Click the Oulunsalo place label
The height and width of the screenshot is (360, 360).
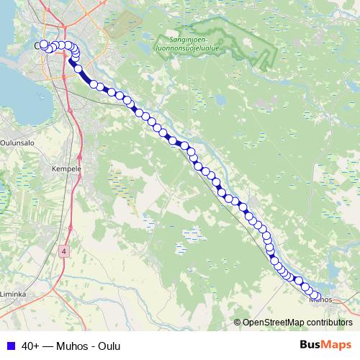click(14, 142)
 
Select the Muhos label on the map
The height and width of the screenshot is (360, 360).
click(322, 300)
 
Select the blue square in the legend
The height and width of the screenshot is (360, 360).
click(10, 346)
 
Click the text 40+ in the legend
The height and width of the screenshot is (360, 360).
click(30, 346)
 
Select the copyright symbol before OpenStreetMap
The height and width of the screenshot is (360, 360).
click(238, 323)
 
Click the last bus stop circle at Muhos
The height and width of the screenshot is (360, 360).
click(316, 297)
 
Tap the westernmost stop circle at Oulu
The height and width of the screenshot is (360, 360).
click(44, 45)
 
